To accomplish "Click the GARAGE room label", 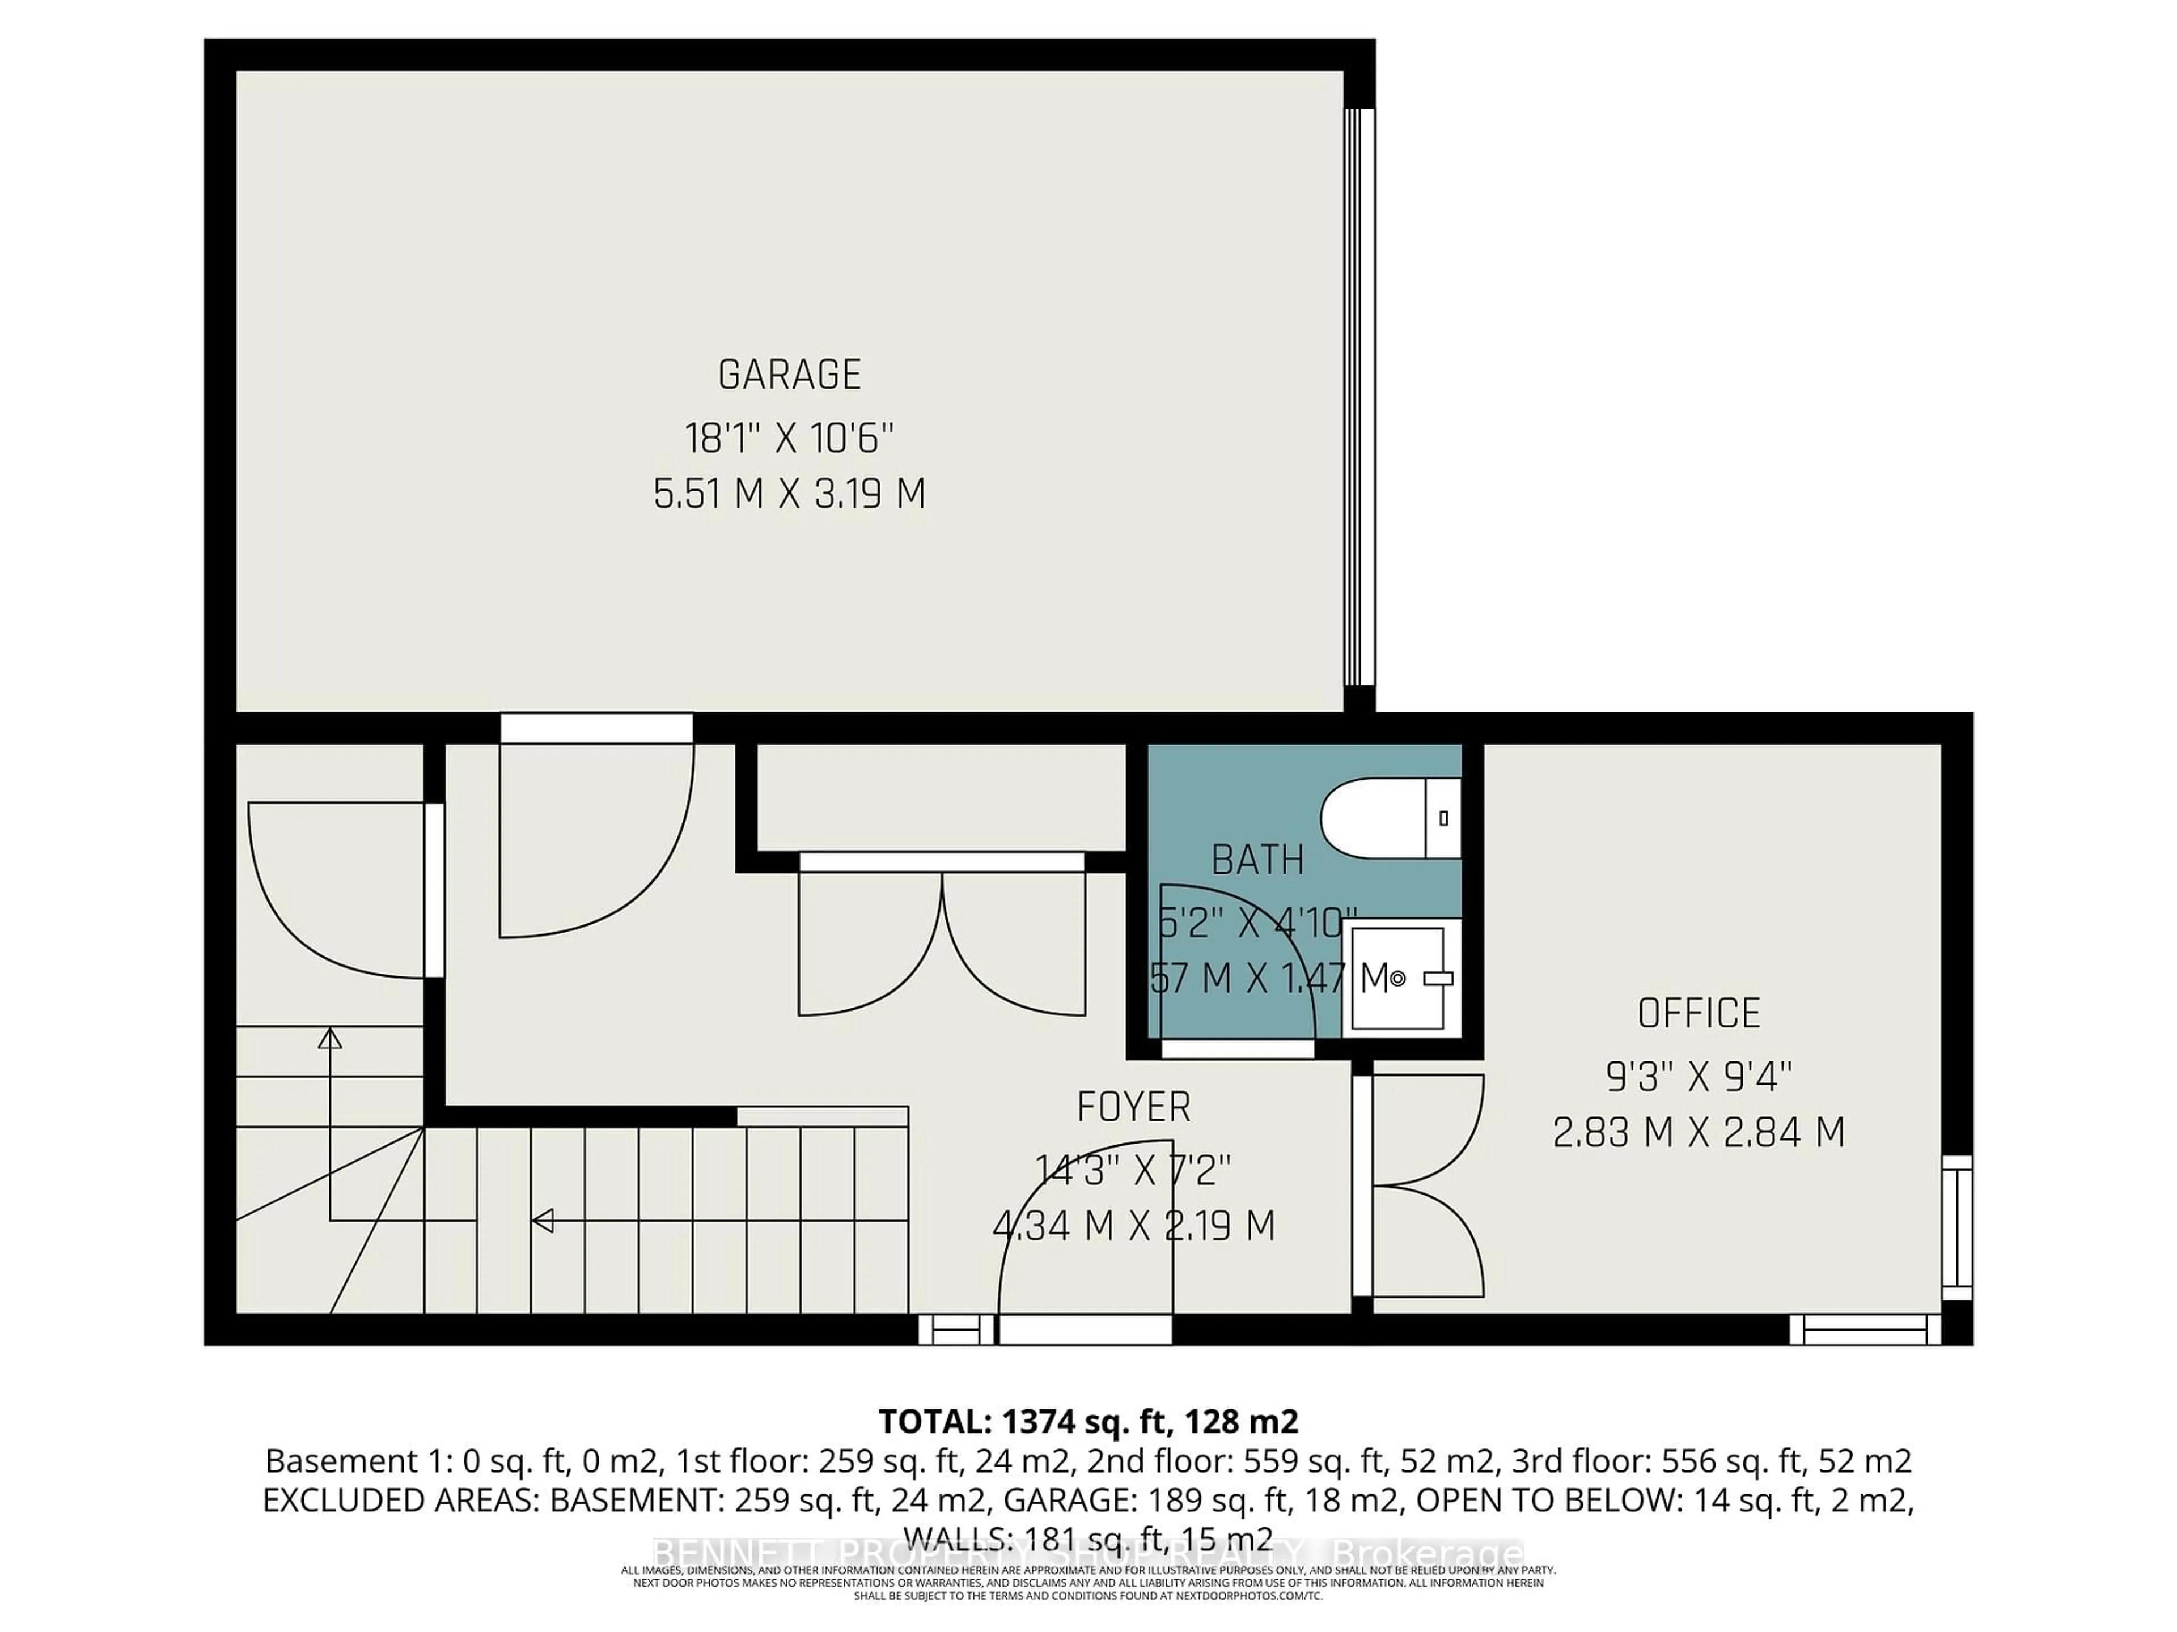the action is [x=789, y=375].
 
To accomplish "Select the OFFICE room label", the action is [x=1699, y=1013].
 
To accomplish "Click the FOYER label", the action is [x=1134, y=1108].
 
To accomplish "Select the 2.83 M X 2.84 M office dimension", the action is [x=1699, y=1132].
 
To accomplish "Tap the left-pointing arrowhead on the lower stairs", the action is [x=543, y=1221].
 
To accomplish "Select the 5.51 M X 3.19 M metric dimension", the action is [x=789, y=494].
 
